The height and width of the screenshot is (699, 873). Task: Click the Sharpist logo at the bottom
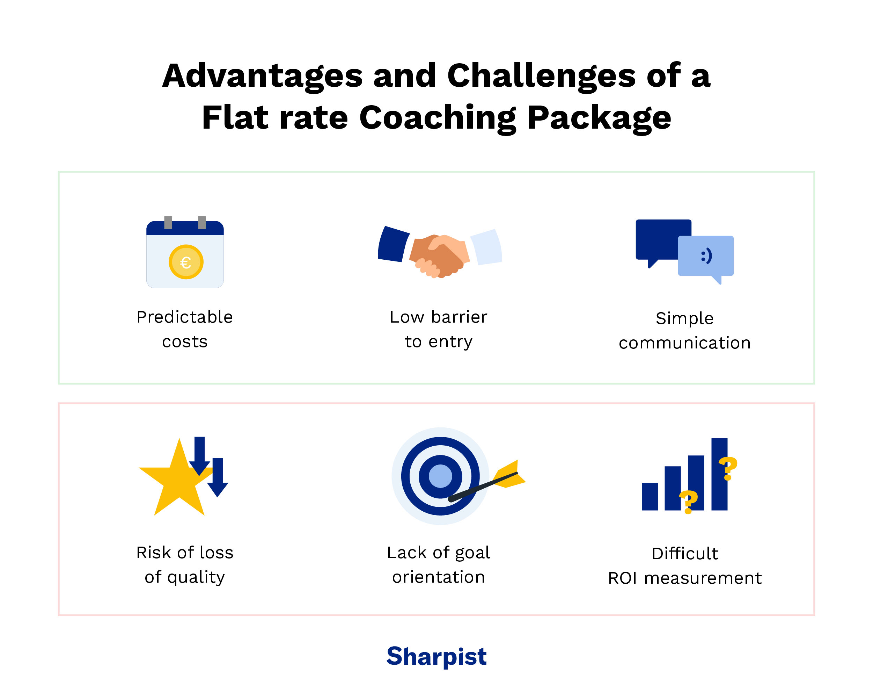tap(436, 656)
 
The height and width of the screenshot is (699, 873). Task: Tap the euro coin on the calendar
tap(186, 262)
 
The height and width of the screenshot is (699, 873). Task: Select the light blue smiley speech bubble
tap(706, 256)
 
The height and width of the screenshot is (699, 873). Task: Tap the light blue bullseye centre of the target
tap(440, 476)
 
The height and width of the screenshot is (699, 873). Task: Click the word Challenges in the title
tap(541, 76)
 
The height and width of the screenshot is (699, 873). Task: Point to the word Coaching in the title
tap(438, 117)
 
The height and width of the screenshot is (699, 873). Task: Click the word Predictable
tap(185, 317)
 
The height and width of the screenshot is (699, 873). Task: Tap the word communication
tap(685, 343)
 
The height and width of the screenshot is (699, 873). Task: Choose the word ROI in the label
tap(623, 578)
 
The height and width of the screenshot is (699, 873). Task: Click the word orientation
tap(439, 577)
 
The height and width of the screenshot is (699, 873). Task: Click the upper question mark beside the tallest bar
tap(728, 468)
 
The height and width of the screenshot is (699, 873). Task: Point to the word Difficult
tap(685, 554)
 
